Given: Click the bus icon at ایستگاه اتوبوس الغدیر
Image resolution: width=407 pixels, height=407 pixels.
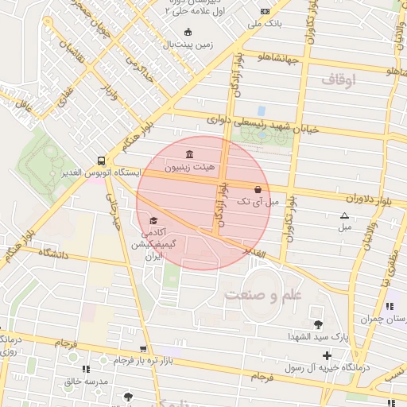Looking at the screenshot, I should tap(101, 159).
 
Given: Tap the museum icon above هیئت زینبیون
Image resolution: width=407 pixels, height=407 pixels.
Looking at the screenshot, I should tap(188, 154).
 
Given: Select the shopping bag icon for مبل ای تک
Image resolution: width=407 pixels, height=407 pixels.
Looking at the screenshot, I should tap(258, 189).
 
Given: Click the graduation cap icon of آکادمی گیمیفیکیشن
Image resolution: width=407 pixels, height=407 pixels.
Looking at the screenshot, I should tap(153, 220).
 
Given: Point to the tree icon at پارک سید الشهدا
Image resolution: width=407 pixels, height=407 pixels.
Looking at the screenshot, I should tap(319, 324).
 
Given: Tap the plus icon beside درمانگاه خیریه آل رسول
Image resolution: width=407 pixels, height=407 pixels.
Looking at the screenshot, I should tap(327, 355).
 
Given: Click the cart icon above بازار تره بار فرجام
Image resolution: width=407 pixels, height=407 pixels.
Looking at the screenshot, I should tap(143, 348).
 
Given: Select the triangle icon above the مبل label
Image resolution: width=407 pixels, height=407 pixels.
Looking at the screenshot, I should tap(344, 215).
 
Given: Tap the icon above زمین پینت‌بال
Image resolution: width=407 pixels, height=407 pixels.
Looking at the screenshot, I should tap(188, 32).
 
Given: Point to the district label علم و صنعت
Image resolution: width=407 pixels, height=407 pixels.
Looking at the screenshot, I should tap(263, 295).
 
